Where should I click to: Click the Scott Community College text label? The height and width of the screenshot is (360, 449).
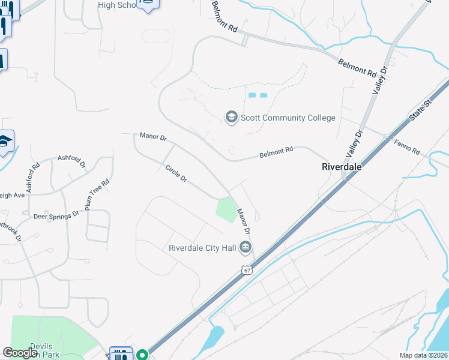[x=288, y=118]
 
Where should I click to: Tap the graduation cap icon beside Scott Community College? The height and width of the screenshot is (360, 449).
[x=231, y=117]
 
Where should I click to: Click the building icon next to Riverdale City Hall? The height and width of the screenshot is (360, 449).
[x=245, y=247]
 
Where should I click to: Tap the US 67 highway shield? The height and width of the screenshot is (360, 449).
[x=247, y=271]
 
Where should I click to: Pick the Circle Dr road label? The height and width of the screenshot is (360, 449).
[x=176, y=174]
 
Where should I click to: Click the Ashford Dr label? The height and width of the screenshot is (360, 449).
[x=72, y=161]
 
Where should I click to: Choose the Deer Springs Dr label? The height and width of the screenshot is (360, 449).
[x=56, y=215]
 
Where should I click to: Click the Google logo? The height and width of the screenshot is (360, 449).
[x=20, y=353]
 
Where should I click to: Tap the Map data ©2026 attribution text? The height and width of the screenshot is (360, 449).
[x=423, y=355]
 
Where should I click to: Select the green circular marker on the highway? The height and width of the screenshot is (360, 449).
[x=142, y=355]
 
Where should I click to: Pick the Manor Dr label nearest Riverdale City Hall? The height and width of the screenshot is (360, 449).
[x=243, y=221]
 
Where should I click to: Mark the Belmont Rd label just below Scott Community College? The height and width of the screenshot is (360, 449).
[x=276, y=153]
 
